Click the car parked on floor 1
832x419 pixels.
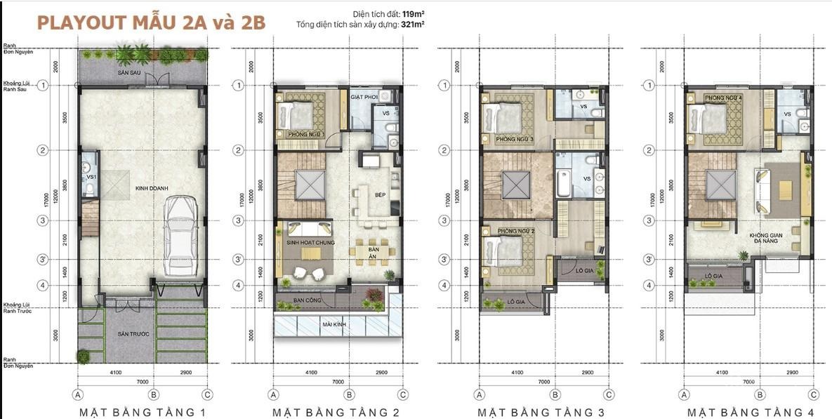[x=182, y=236]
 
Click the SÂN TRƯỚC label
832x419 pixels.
[x=116, y=335]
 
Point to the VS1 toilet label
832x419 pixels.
[x=91, y=178]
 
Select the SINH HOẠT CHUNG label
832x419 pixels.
[x=310, y=242]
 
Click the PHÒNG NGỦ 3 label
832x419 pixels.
[x=515, y=140]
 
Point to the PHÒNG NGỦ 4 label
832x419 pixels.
[x=723, y=98]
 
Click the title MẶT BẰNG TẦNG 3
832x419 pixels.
[x=541, y=412]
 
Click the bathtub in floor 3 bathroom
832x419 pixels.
[x=564, y=184]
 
